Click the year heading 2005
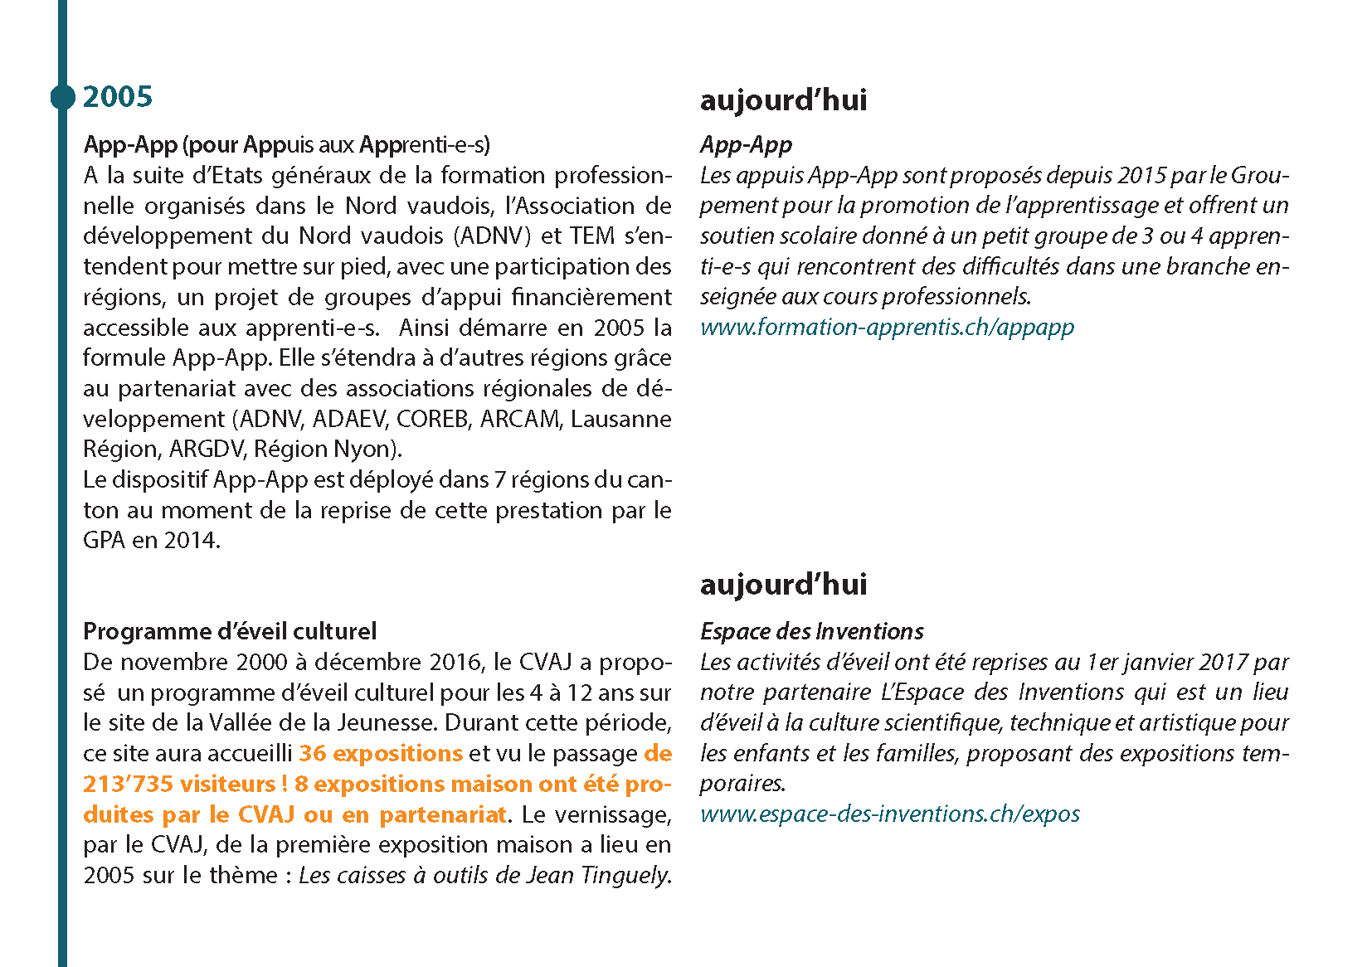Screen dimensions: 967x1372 [118, 97]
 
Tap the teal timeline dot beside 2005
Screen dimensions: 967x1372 [62, 97]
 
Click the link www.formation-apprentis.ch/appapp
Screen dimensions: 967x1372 [887, 327]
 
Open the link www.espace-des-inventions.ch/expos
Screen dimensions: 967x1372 [889, 814]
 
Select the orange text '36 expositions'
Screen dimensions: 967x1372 [381, 753]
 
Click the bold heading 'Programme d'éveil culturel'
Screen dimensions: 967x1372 [230, 631]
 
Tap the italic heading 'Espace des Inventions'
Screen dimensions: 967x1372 [811, 631]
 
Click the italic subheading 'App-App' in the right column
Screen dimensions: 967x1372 [746, 144]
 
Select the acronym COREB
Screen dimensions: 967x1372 [432, 419]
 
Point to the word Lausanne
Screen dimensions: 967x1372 [620, 419]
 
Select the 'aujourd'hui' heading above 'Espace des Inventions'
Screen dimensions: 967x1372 [783, 584]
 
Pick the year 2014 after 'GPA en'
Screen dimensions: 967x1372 [192, 541]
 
